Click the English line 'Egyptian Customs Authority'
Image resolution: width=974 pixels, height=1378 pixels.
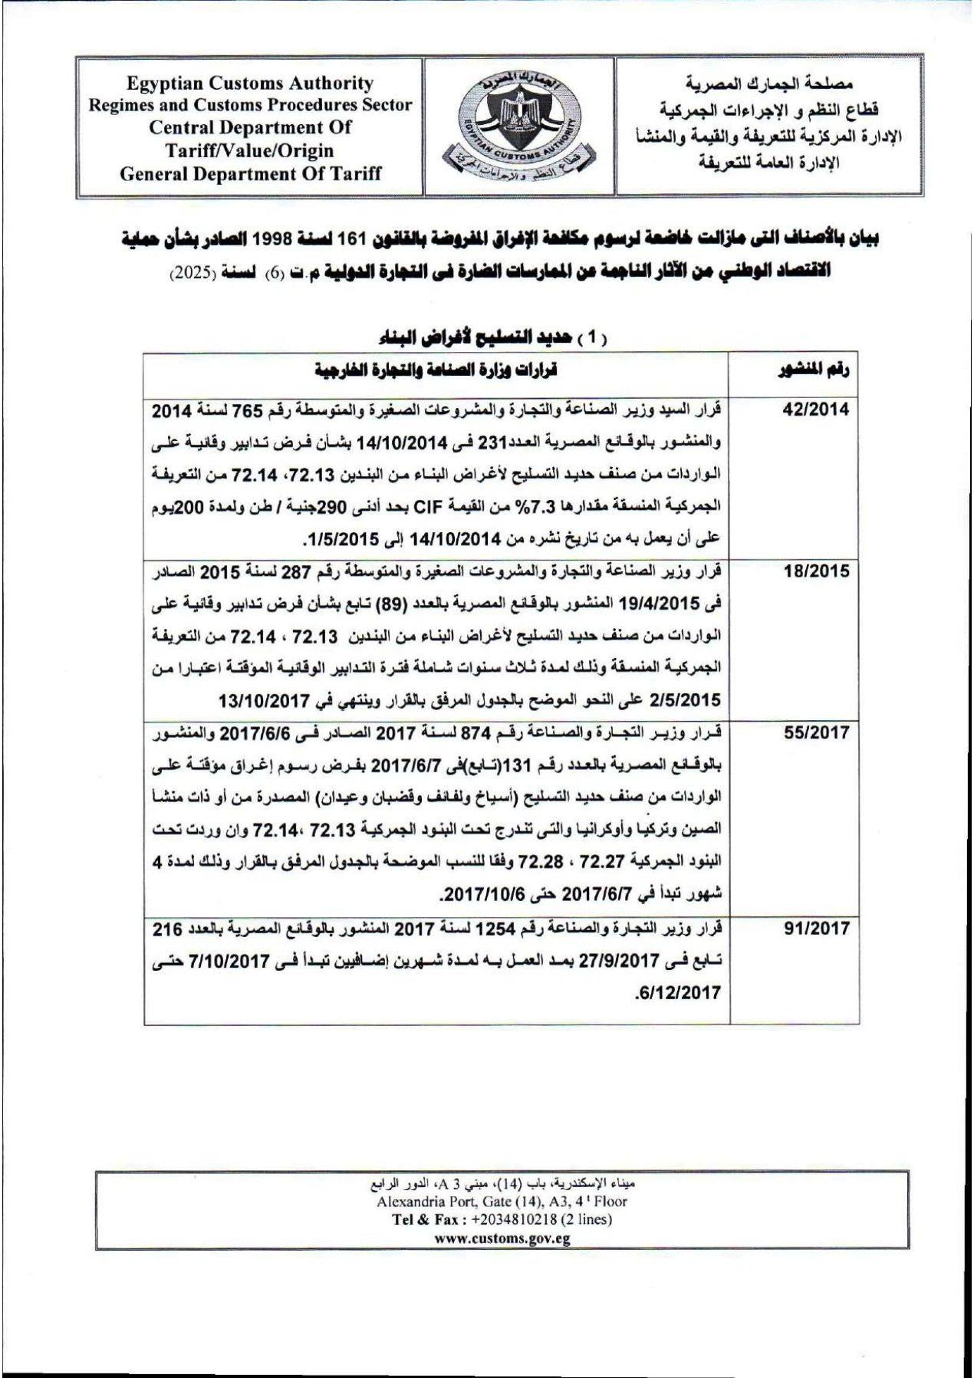[250, 84]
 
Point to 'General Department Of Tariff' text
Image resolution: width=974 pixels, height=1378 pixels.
[250, 173]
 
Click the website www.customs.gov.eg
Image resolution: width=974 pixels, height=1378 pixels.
[502, 1238]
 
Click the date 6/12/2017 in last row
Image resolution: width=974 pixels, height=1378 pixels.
[678, 993]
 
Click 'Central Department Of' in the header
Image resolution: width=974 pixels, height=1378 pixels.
[250, 127]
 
